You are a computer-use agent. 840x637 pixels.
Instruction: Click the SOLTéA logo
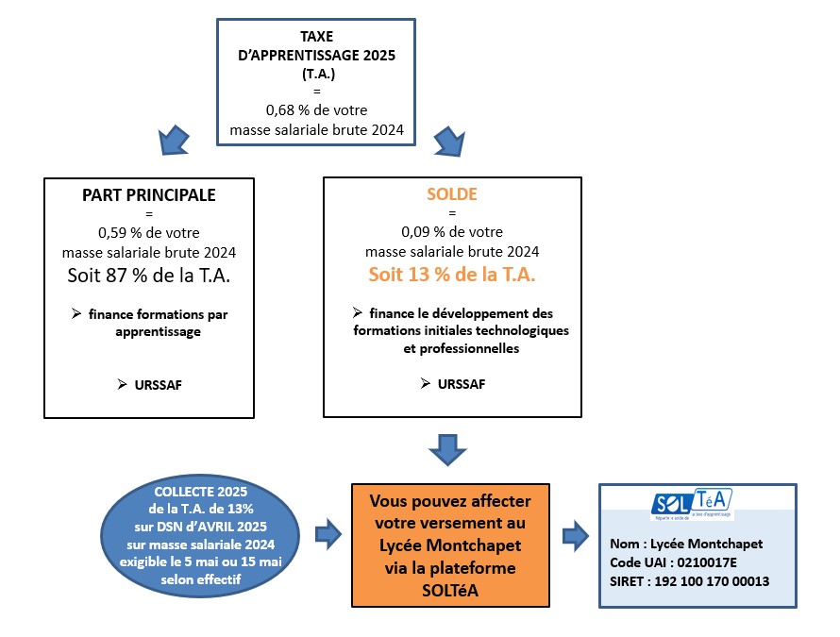[x=692, y=504]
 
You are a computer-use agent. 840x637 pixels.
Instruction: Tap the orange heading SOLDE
[x=451, y=194]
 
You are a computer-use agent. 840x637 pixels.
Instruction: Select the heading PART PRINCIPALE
[x=149, y=195]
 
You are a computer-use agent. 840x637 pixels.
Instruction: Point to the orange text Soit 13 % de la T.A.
[x=451, y=275]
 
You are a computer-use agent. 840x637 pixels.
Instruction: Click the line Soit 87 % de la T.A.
[x=149, y=276]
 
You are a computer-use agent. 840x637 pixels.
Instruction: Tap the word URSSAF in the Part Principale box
[x=158, y=385]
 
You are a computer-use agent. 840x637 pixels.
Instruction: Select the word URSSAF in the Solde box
[x=462, y=384]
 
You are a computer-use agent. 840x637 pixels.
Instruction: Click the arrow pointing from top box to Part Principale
[x=174, y=141]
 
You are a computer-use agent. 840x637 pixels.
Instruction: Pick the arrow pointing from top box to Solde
[x=449, y=142]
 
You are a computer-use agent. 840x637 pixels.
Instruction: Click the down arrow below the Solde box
[x=448, y=450]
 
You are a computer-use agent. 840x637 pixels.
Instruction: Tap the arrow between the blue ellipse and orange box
[x=328, y=534]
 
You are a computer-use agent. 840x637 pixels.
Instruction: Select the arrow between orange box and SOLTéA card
[x=576, y=536]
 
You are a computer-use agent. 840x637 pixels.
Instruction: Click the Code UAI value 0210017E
[x=707, y=562]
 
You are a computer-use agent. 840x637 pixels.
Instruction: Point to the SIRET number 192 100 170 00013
[x=712, y=581]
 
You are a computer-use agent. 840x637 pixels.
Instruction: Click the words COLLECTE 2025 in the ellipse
[x=201, y=492]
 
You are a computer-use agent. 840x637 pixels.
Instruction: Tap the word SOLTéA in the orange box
[x=450, y=591]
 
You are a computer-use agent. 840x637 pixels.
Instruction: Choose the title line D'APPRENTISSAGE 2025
[x=316, y=55]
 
